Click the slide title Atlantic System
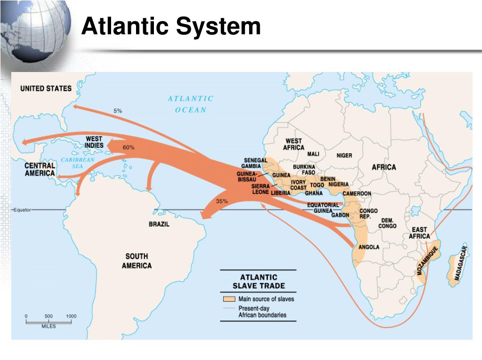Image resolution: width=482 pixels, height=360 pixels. click(170, 26)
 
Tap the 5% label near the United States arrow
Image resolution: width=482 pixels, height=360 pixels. click(118, 111)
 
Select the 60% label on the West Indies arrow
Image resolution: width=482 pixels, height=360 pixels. click(129, 147)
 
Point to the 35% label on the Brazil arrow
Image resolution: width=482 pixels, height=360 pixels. click(222, 201)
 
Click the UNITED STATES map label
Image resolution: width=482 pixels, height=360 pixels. click(46, 88)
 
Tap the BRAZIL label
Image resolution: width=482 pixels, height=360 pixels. click(159, 224)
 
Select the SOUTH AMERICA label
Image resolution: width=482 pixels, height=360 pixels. click(137, 261)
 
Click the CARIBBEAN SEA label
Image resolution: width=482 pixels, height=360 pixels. click(78, 163)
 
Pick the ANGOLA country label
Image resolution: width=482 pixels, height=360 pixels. click(369, 247)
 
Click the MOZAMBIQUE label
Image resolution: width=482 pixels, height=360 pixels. click(427, 260)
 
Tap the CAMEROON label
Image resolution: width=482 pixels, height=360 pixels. click(357, 193)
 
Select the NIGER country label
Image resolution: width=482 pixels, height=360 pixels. click(344, 155)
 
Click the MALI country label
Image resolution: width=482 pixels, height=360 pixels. click(313, 154)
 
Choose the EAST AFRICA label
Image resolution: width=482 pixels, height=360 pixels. click(419, 232)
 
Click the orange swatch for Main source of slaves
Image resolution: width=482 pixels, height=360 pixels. click(229, 299)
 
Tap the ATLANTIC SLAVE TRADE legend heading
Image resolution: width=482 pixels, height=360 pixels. click(259, 281)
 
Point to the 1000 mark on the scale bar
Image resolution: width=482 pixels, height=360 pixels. click(71, 316)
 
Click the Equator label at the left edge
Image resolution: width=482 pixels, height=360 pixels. click(22, 210)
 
